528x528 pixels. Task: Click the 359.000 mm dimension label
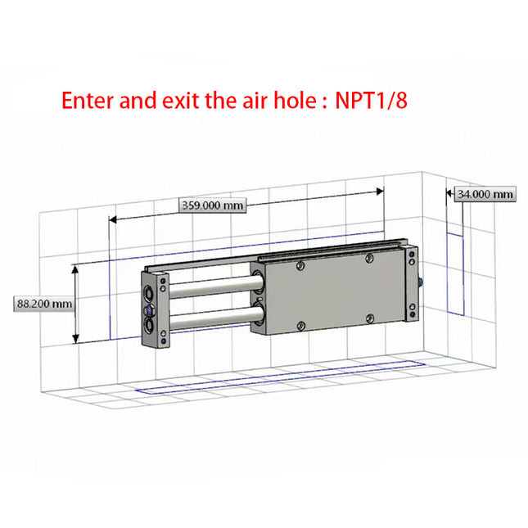tap(212, 206)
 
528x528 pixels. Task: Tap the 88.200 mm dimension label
tap(44, 304)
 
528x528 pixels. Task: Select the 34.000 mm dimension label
tap(485, 194)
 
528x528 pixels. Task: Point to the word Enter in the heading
tap(90, 102)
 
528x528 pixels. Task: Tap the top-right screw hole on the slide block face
tap(370, 259)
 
